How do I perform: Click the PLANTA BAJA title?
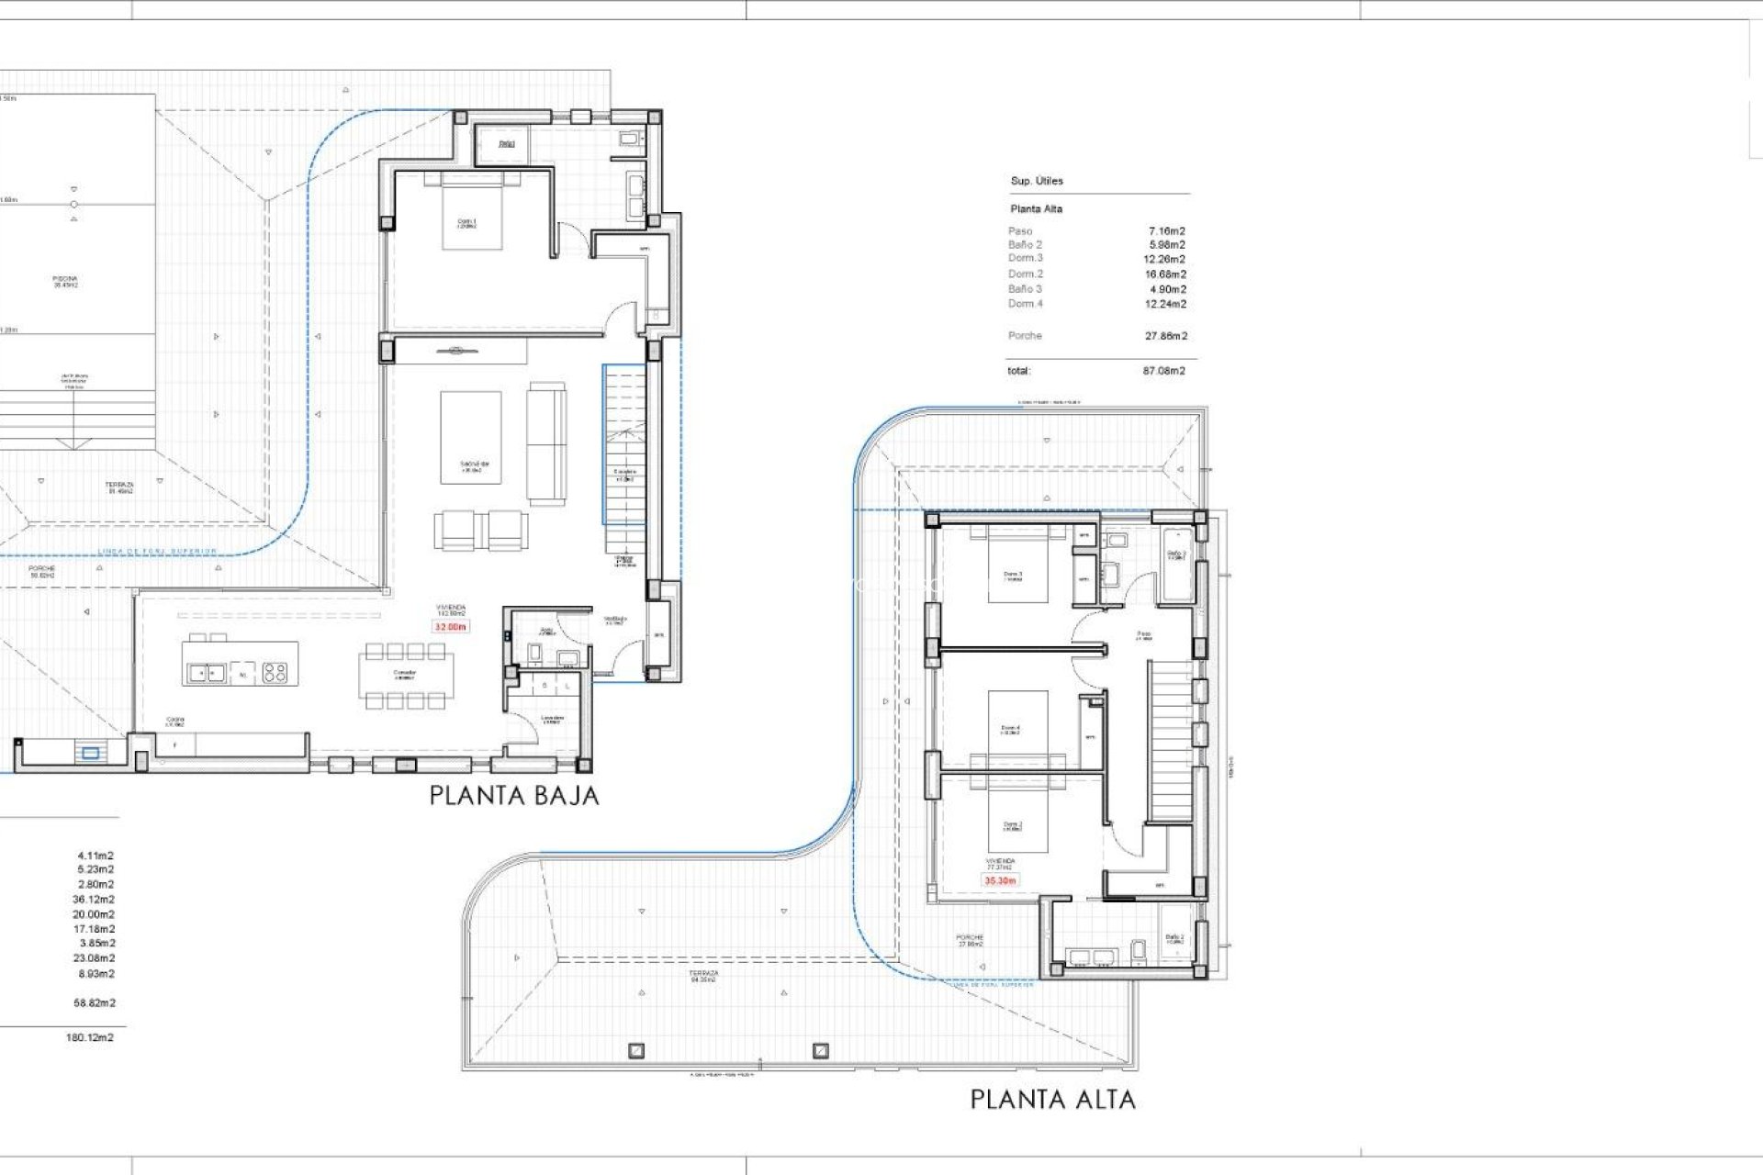pos(514,796)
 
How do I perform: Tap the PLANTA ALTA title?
pos(1052,1099)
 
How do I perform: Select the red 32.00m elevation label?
pos(451,627)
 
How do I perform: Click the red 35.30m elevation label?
pos(1000,880)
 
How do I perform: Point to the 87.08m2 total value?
pos(1163,371)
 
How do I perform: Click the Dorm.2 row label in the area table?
pos(1026,274)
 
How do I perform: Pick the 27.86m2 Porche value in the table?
pos(1165,336)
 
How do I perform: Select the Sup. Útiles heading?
pos(1037,181)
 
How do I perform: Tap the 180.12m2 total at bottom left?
pos(90,1037)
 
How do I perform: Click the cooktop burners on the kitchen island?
pos(275,673)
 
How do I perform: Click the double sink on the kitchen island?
pos(207,673)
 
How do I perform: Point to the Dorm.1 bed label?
pos(467,222)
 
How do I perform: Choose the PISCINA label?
pos(65,281)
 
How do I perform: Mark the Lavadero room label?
pos(552,720)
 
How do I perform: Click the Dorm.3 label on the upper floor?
pos(1013,576)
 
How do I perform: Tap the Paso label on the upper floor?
pos(1143,634)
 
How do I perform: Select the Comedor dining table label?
pos(405,674)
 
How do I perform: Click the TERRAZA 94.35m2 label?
pos(704,976)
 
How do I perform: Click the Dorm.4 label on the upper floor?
pos(1010,730)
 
